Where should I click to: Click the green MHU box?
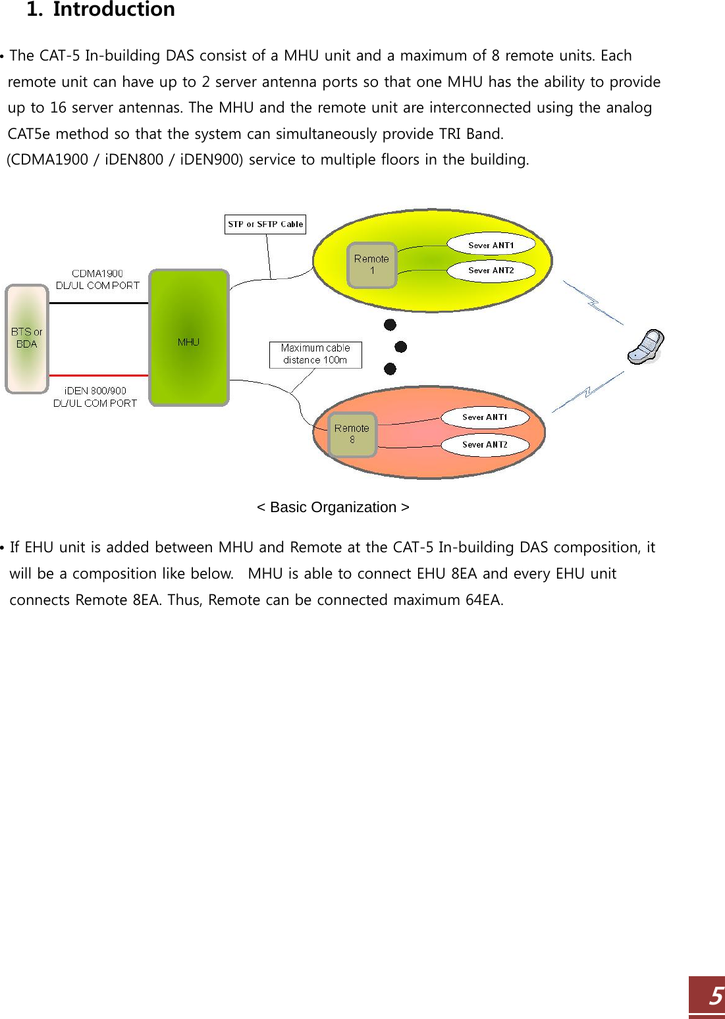[x=189, y=337]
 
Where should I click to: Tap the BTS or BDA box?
[x=27, y=338]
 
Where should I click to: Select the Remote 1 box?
[x=372, y=265]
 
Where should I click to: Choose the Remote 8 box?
[x=352, y=434]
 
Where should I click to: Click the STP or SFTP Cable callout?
[x=265, y=224]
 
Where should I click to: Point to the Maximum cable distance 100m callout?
[x=315, y=354]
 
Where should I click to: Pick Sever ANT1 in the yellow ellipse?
[x=491, y=245]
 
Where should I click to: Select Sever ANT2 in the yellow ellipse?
[x=491, y=271]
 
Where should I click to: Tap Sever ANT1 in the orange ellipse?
[x=485, y=417]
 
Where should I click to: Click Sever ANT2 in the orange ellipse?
[x=485, y=445]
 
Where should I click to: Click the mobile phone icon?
[x=645, y=346]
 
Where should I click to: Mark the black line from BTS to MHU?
[x=99, y=303]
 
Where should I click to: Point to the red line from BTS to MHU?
[x=99, y=375]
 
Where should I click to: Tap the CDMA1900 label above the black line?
[x=97, y=273]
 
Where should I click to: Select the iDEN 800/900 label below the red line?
[x=95, y=391]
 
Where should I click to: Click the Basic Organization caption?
[x=333, y=508]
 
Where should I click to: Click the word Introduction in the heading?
[x=114, y=10]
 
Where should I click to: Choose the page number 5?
[x=714, y=996]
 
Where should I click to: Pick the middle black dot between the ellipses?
[x=400, y=347]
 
